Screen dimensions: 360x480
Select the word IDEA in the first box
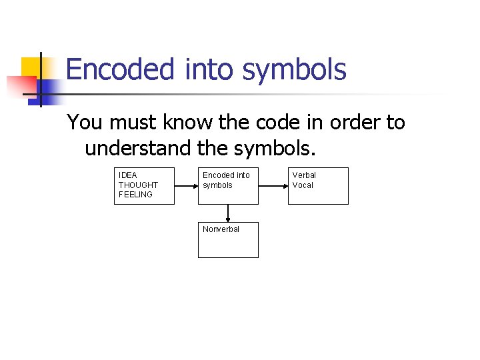pyautogui.click(x=128, y=175)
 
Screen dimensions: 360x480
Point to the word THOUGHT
pyautogui.click(x=139, y=185)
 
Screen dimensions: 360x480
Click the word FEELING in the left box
pyautogui.click(x=136, y=195)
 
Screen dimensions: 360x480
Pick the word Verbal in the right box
pyautogui.click(x=304, y=175)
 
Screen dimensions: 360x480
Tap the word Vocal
pyautogui.click(x=303, y=185)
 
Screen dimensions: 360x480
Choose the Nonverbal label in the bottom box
pyautogui.click(x=221, y=229)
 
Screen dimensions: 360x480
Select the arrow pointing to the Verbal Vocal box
pyautogui.click(x=273, y=185)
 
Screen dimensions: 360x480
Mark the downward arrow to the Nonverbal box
pyautogui.click(x=228, y=213)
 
